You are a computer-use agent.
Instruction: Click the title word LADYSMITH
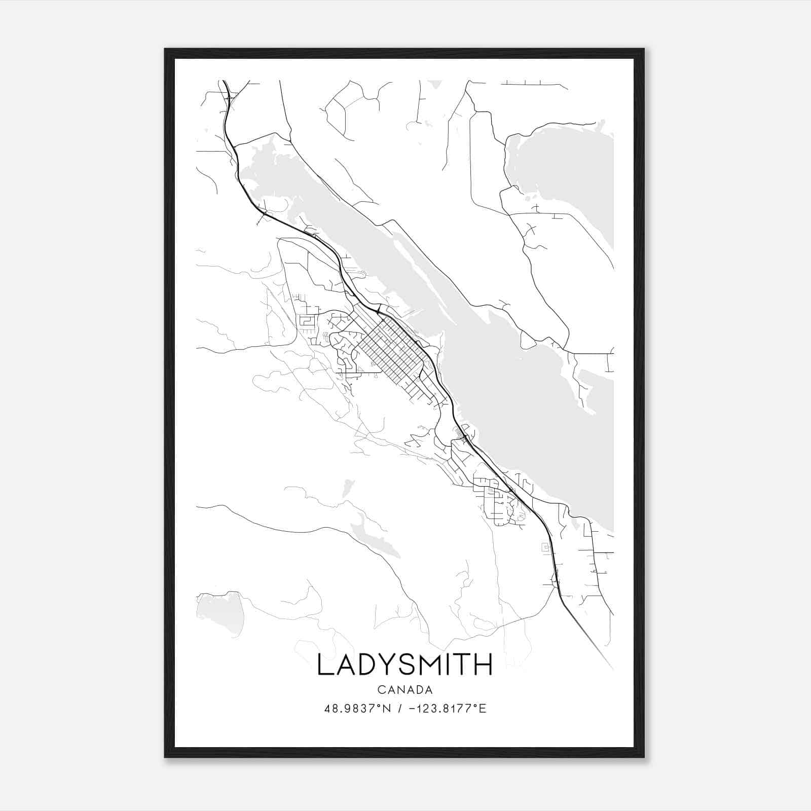pyautogui.click(x=404, y=665)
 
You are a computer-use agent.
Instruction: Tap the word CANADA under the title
pyautogui.click(x=404, y=690)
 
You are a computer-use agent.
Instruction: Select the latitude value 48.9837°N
pyautogui.click(x=357, y=709)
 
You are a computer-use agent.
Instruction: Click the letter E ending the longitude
pyautogui.click(x=483, y=709)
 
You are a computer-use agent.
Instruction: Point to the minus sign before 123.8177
pyautogui.click(x=411, y=709)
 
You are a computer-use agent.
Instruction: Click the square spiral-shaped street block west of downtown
pyautogui.click(x=306, y=321)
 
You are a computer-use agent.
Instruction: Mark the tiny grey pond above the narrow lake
pyautogui.click(x=346, y=488)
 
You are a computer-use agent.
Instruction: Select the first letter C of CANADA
pyautogui.click(x=380, y=690)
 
